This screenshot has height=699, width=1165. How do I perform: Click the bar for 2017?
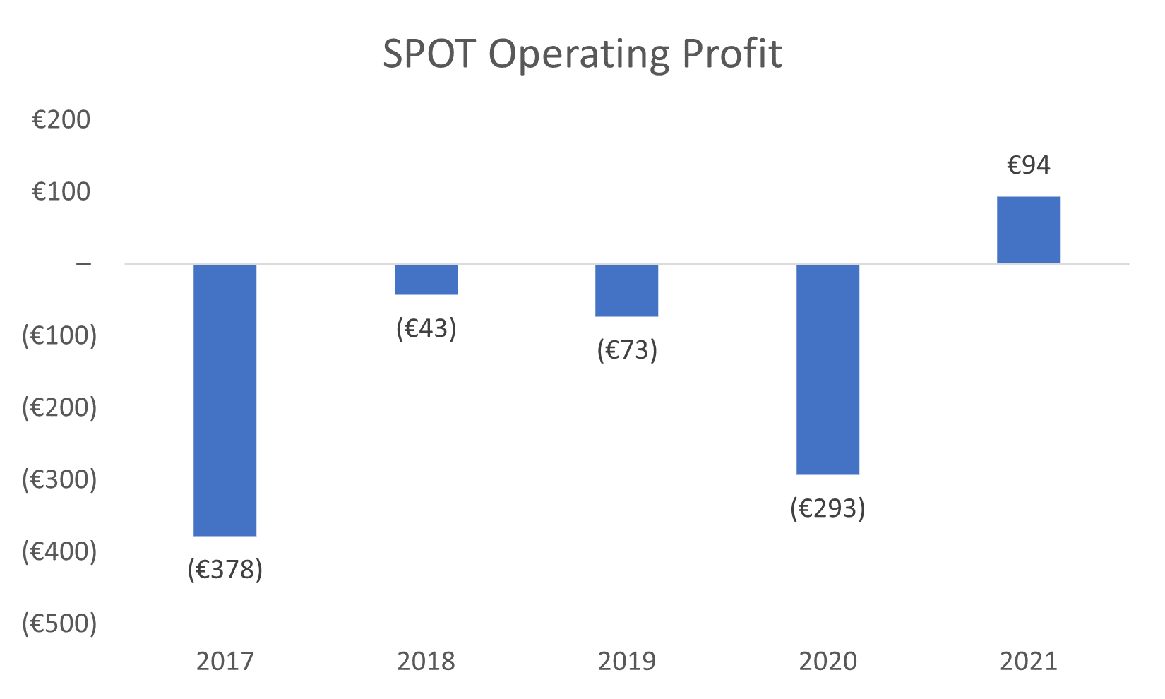(x=225, y=400)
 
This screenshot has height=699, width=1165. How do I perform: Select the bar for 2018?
(x=426, y=279)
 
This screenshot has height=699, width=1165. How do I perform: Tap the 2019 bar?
(x=626, y=290)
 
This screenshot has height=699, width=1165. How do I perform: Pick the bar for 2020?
(x=828, y=369)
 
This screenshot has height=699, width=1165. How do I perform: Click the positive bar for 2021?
(x=1028, y=229)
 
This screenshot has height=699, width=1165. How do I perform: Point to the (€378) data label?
(x=225, y=569)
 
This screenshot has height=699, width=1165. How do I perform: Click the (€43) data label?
(x=426, y=328)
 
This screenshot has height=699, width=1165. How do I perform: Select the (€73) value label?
(x=626, y=349)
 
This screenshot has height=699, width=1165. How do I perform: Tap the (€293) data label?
(x=828, y=508)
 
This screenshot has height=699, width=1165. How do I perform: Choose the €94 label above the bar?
(x=1028, y=165)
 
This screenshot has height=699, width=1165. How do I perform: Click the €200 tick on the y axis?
(x=61, y=120)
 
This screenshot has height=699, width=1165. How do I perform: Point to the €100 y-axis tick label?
(x=61, y=191)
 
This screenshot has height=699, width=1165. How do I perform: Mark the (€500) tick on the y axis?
(x=59, y=623)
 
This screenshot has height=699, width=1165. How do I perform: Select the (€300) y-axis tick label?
(x=59, y=479)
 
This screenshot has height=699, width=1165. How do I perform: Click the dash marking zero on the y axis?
(x=83, y=264)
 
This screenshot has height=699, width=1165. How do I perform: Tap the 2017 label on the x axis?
(x=225, y=662)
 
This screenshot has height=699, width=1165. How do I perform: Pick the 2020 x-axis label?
(x=828, y=662)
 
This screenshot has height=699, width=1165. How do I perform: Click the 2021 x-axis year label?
(x=1028, y=662)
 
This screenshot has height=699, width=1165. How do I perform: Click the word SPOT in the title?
(x=429, y=54)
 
